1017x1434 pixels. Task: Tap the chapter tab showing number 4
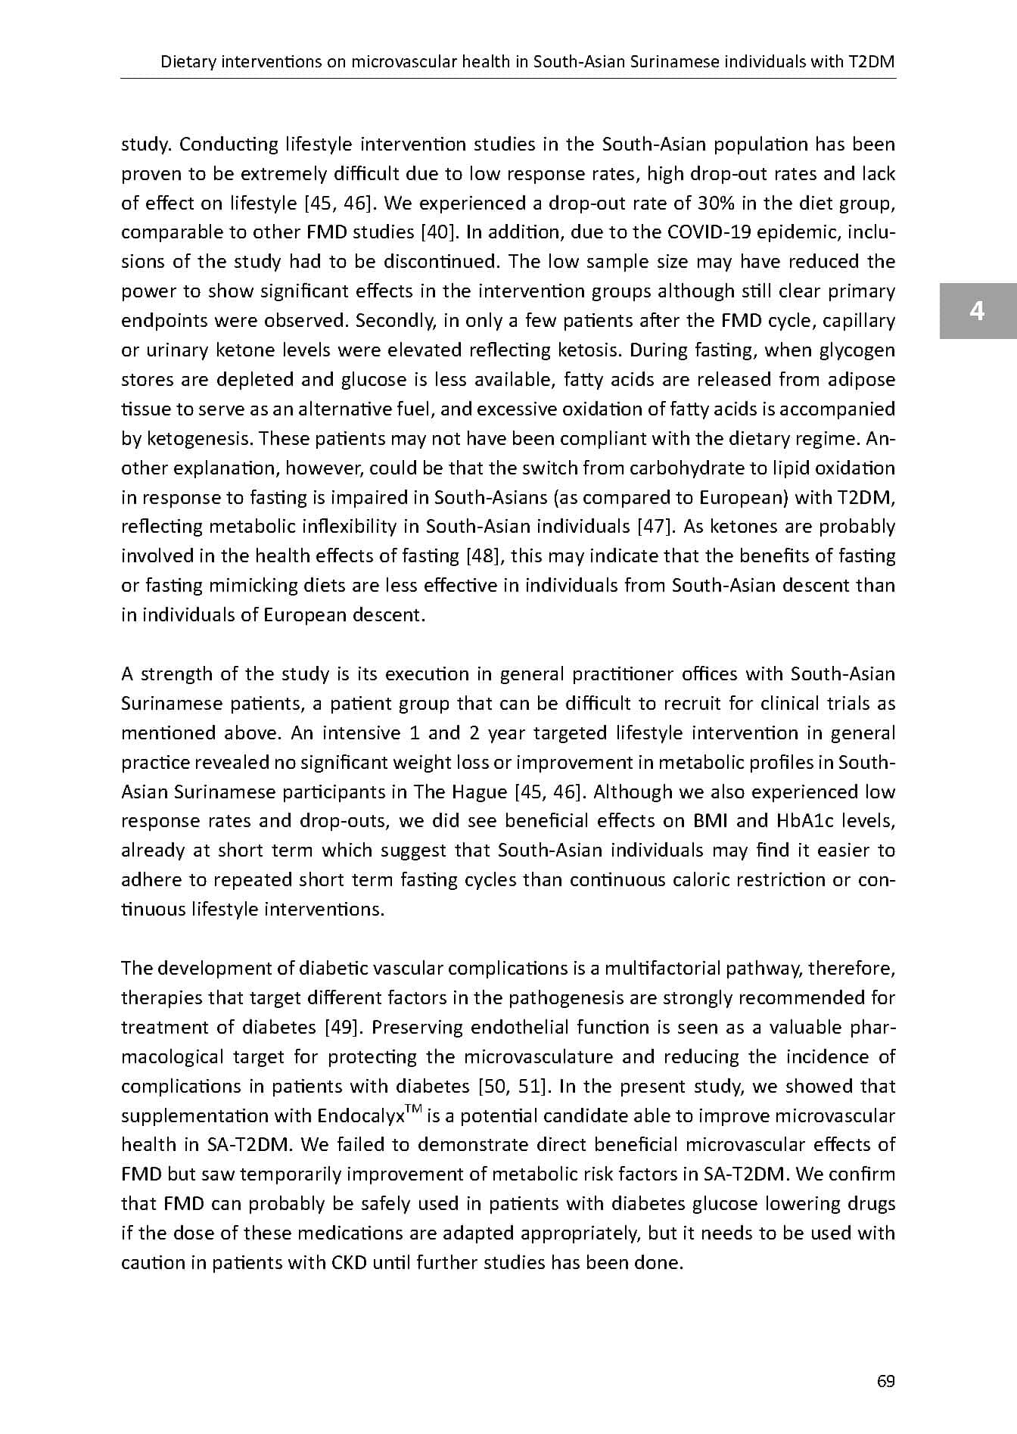click(978, 311)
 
